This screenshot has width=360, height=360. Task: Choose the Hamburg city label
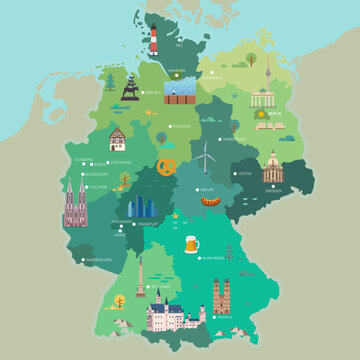tap(178, 71)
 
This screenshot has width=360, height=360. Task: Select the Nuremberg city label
tap(214, 257)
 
